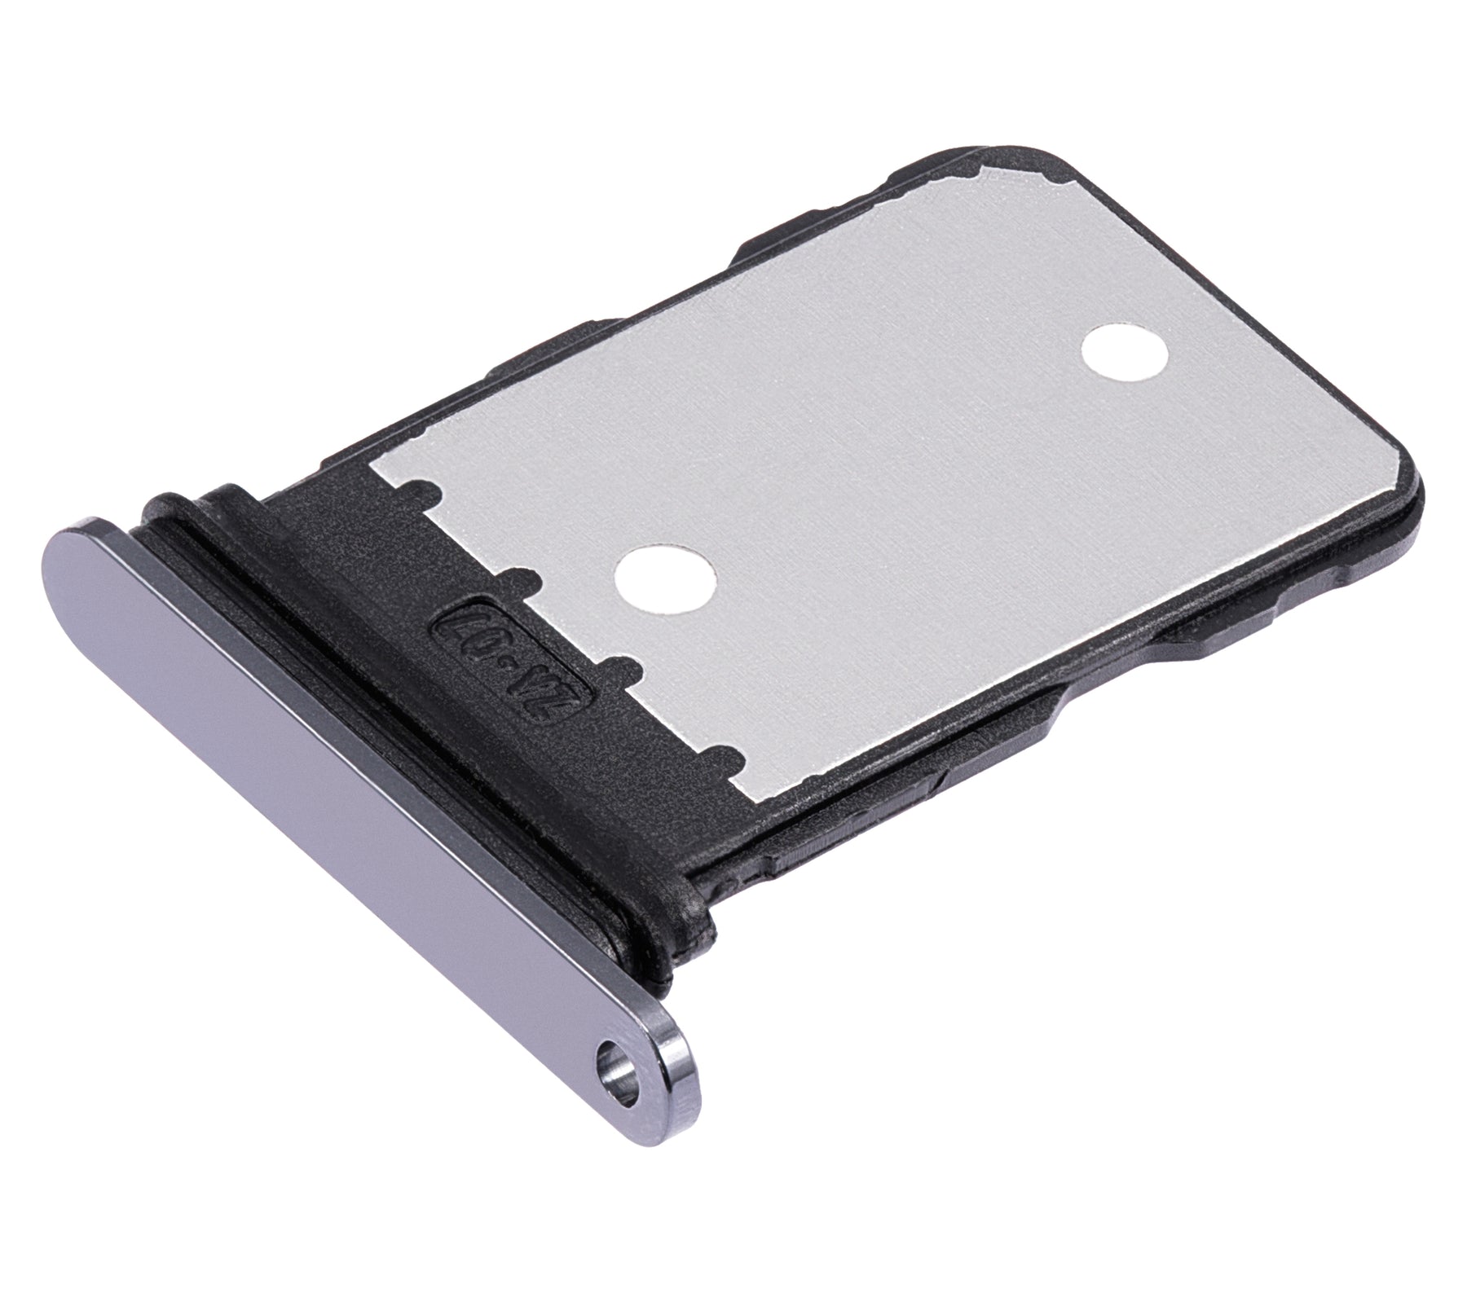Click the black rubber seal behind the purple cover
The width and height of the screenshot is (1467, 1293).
point(424,733)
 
